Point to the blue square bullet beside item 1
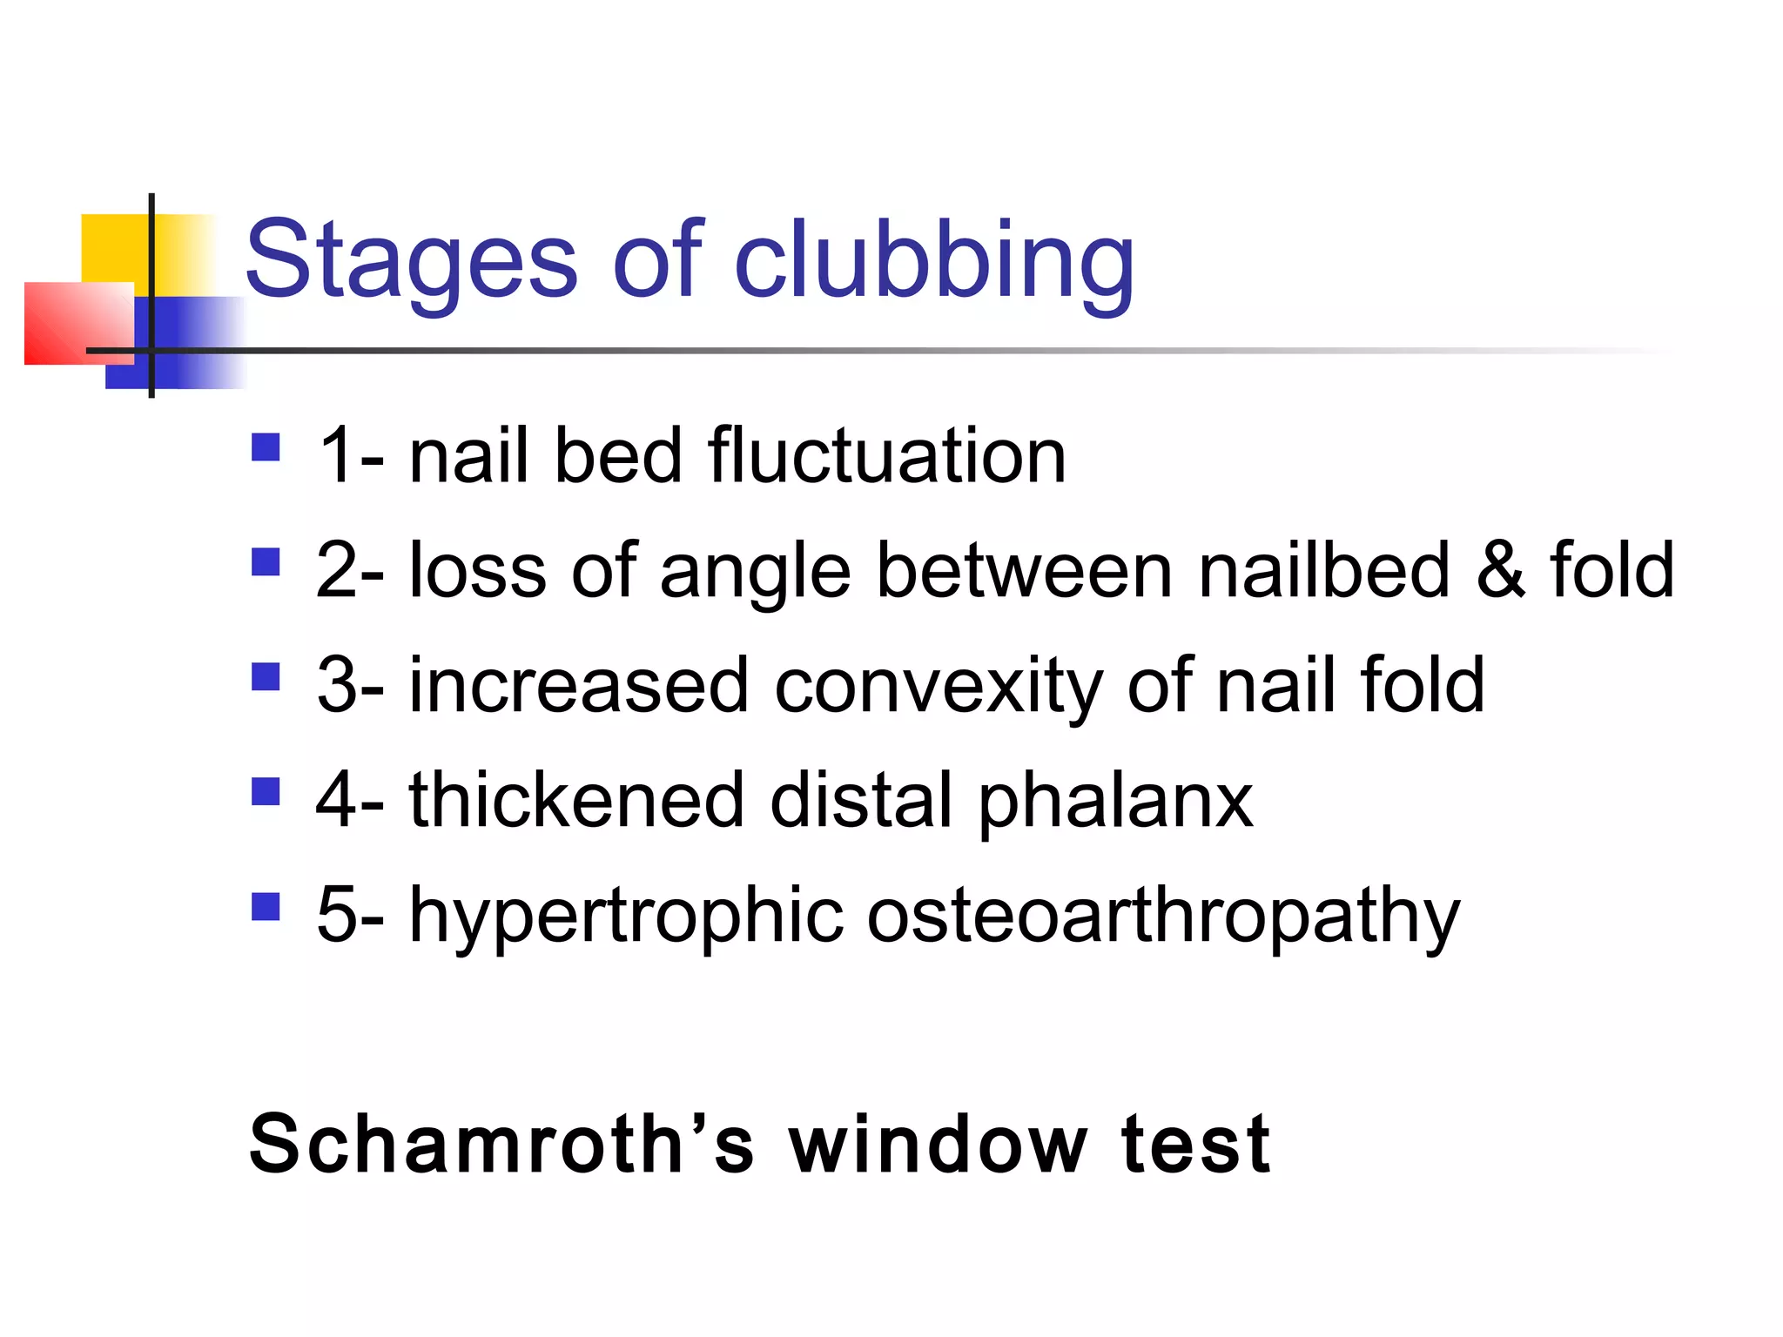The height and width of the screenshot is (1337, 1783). [x=266, y=447]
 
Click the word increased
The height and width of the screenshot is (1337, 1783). [x=579, y=685]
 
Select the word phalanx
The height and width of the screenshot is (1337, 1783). [x=1115, y=801]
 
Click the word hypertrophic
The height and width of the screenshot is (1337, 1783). [x=626, y=916]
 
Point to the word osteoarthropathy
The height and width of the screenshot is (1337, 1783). [x=1163, y=916]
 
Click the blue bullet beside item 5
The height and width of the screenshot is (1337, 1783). [x=266, y=907]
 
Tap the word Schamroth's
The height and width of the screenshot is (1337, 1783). [x=501, y=1144]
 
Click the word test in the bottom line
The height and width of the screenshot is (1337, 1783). [x=1196, y=1144]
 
